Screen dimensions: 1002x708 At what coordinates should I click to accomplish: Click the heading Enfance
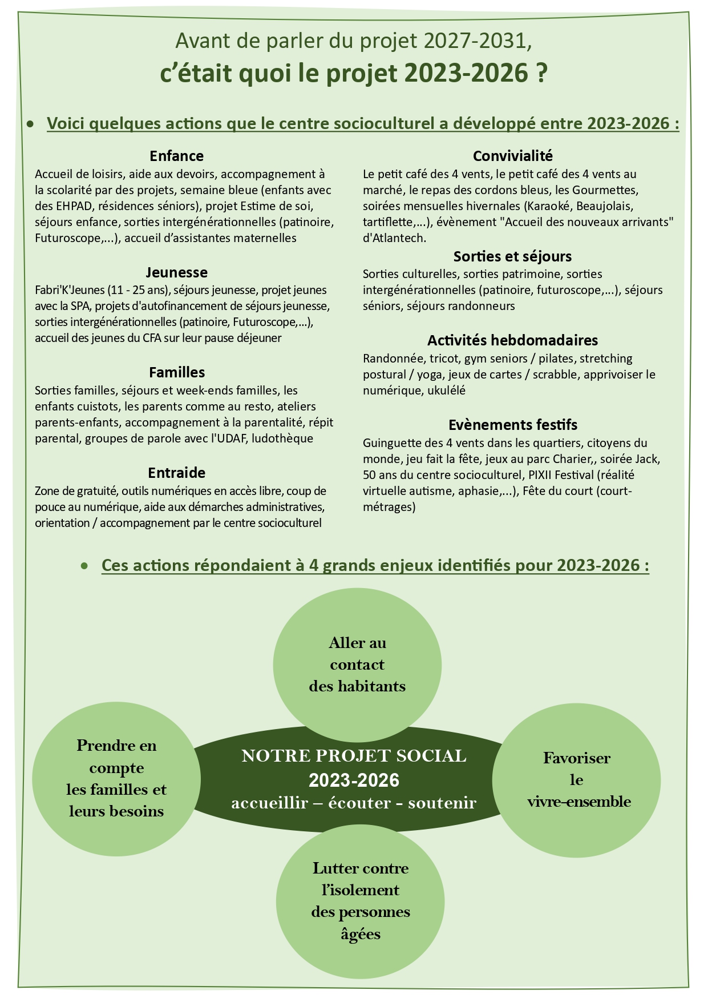[176, 156]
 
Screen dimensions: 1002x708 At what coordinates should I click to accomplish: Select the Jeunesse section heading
[176, 272]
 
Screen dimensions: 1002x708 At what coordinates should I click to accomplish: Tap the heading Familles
[177, 372]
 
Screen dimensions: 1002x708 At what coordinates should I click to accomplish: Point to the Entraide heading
[176, 473]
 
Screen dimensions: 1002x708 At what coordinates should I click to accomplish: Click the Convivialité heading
[512, 156]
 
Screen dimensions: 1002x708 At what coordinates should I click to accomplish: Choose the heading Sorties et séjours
[512, 256]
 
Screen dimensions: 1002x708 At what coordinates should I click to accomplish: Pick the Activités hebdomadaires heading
[512, 340]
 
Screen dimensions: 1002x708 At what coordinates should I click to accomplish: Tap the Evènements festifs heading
[512, 425]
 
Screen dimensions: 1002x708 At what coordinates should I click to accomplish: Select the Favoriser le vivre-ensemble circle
[576, 779]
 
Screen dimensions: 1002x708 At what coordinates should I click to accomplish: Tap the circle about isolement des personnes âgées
[360, 902]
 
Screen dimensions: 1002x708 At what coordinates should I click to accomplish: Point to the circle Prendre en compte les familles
[116, 778]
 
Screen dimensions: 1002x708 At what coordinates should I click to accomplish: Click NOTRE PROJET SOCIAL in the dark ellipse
[354, 756]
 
